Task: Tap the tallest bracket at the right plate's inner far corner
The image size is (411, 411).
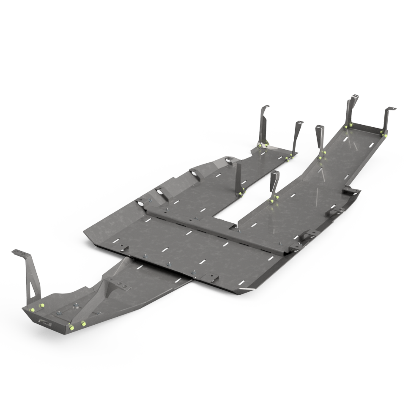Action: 350,111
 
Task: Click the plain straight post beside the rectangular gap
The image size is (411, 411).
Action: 238,178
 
